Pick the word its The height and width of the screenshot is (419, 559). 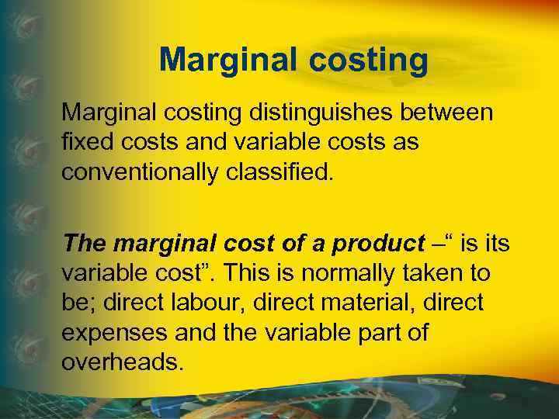point(495,244)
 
